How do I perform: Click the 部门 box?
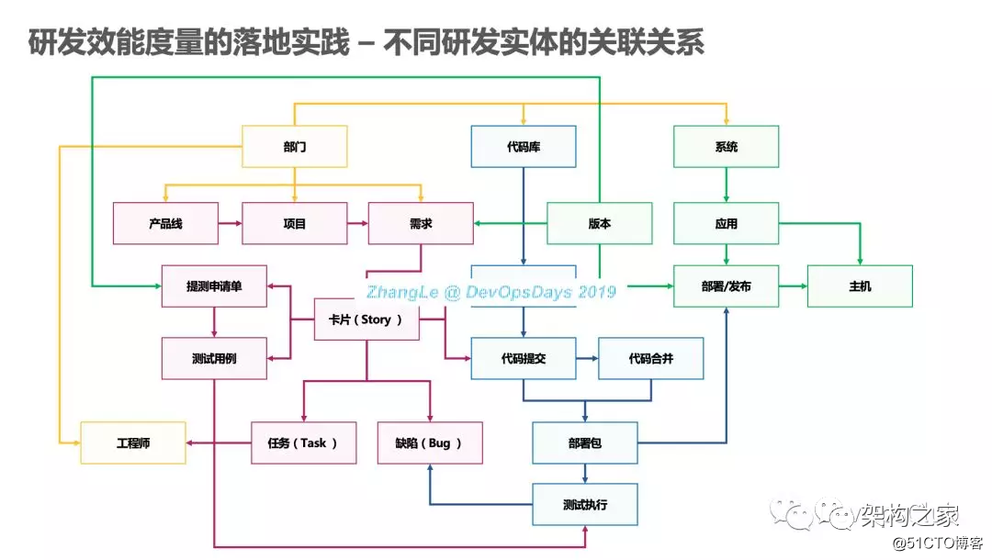[x=294, y=147]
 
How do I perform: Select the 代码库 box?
[x=524, y=147]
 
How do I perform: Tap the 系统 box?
[x=726, y=147]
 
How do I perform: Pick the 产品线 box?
[x=165, y=223]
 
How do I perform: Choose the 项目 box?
[x=294, y=223]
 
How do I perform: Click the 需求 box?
[x=421, y=223]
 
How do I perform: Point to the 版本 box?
[x=599, y=223]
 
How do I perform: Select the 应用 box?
[x=726, y=223]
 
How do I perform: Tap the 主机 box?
[x=860, y=286]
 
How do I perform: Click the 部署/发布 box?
[x=726, y=286]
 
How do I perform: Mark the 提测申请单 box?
[x=214, y=286]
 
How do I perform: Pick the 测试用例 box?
[x=214, y=358]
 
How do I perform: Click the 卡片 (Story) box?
[x=366, y=319]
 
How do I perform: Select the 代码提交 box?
[x=524, y=358]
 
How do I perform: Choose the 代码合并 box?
[x=650, y=358]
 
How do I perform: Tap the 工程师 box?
[x=133, y=442]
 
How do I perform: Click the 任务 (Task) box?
[x=304, y=442]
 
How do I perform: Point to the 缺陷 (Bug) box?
[x=430, y=442]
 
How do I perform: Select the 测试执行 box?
[x=585, y=504]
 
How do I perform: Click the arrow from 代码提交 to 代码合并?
[x=587, y=358]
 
